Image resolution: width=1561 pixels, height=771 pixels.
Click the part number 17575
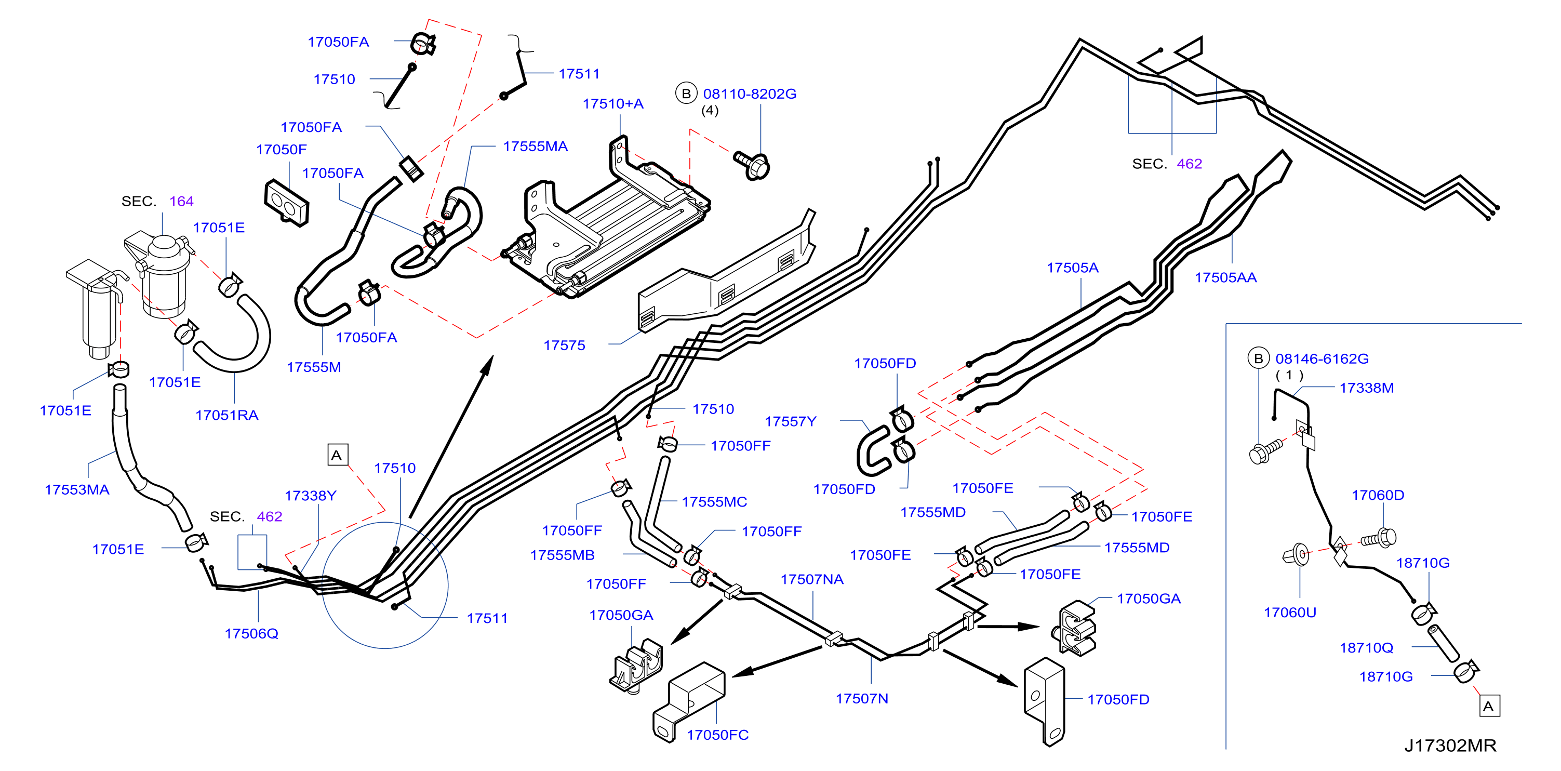click(564, 345)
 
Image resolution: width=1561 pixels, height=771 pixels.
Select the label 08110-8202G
click(750, 94)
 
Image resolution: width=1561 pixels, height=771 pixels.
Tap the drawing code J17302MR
click(1450, 746)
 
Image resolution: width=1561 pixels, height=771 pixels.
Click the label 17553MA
click(77, 490)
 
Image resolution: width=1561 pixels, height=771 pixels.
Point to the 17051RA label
click(226, 415)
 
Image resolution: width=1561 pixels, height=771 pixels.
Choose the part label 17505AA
click(1225, 277)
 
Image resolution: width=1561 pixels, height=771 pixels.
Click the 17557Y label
click(790, 421)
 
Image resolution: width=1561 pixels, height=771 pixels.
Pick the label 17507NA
click(812, 579)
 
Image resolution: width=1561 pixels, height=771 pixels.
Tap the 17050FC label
click(717, 735)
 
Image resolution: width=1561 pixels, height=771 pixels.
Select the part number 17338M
click(1367, 388)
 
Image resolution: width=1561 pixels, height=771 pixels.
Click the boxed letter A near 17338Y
click(337, 455)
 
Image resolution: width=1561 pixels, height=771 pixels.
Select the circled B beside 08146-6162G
click(1258, 358)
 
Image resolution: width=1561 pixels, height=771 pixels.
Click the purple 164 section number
click(181, 201)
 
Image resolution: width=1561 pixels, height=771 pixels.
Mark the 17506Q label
click(251, 633)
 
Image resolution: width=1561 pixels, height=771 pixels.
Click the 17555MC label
click(714, 502)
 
